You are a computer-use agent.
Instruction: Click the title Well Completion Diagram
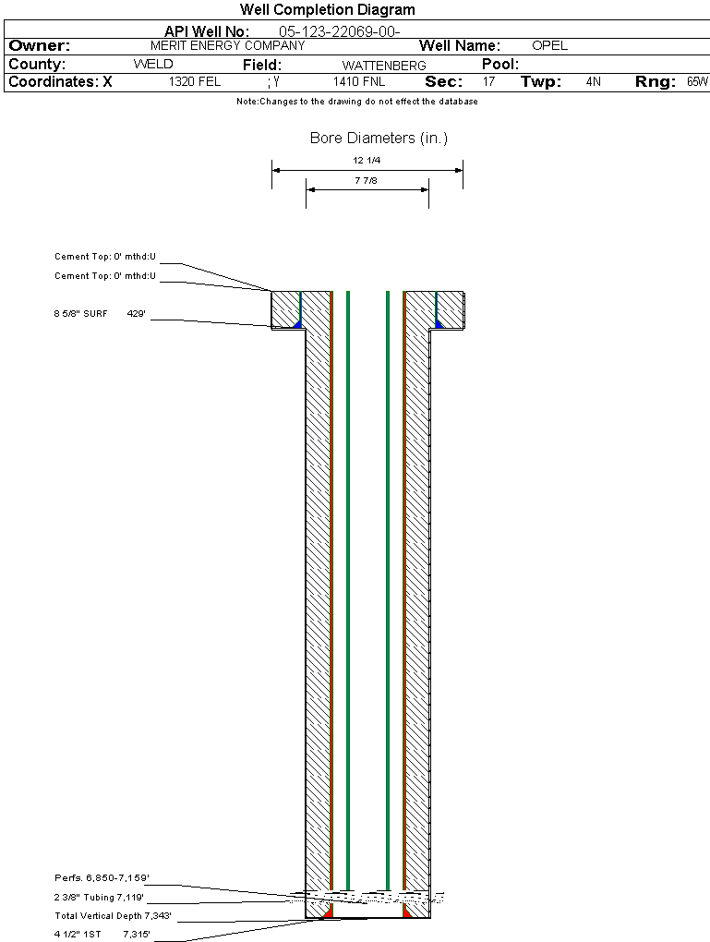[327, 10]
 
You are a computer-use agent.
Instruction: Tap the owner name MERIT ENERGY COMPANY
[227, 45]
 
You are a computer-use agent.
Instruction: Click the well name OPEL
[550, 45]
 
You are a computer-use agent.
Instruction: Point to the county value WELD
[153, 65]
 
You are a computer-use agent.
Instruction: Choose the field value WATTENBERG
[384, 66]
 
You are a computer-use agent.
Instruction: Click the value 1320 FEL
[195, 82]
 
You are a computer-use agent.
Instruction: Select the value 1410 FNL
[358, 82]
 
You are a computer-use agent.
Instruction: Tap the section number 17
[488, 82]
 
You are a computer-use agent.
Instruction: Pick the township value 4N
[594, 82]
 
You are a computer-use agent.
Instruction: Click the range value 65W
[697, 82]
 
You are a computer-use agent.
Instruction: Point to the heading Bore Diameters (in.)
[379, 139]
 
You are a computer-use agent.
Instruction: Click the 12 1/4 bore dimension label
[367, 161]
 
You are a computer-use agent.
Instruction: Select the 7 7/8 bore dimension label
[367, 181]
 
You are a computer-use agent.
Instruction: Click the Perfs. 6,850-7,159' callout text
[102, 877]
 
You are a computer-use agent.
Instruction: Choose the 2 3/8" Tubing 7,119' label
[100, 897]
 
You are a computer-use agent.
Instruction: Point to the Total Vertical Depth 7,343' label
[113, 916]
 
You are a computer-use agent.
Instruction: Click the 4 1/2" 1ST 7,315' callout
[102, 935]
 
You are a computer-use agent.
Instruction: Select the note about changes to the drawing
[357, 102]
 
